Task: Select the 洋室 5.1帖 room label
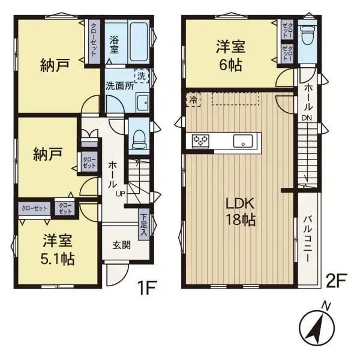point(58,251)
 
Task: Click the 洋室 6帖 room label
point(230,55)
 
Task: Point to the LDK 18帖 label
point(241,211)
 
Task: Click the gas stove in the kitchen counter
point(200,140)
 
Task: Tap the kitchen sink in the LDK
point(244,142)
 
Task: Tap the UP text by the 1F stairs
point(120,193)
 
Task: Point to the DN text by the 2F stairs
point(306,118)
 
